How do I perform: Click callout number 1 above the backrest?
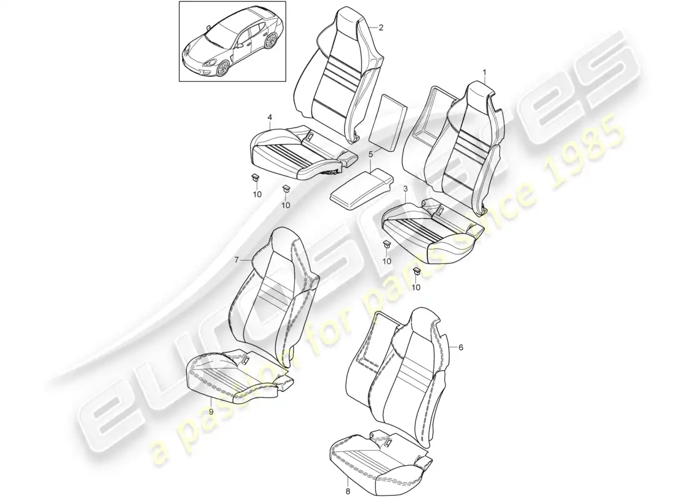pyautogui.click(x=485, y=71)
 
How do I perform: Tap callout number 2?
pyautogui.click(x=381, y=27)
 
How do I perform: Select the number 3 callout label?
pyautogui.click(x=405, y=189)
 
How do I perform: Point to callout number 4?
pyautogui.click(x=269, y=117)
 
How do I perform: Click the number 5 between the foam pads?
pyautogui.click(x=370, y=154)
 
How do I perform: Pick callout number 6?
pyautogui.click(x=460, y=347)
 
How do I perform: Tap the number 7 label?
pyautogui.click(x=237, y=260)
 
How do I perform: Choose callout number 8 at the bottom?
pyautogui.click(x=347, y=491)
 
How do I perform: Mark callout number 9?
pyautogui.click(x=210, y=411)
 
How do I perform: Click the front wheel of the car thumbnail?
pyautogui.click(x=223, y=68)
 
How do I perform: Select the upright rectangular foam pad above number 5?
pyautogui.click(x=386, y=121)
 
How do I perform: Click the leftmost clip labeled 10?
pyautogui.click(x=255, y=177)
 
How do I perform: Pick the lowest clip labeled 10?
pyautogui.click(x=417, y=271)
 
